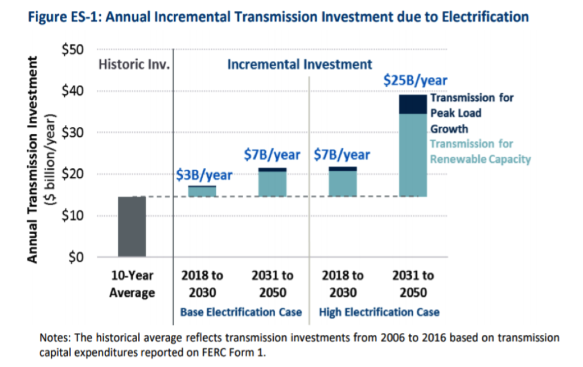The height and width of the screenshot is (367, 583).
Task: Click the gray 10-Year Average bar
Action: [x=132, y=227]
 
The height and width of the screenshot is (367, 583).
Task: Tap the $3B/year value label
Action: [x=204, y=174]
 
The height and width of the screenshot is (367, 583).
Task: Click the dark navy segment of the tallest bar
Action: [x=413, y=104]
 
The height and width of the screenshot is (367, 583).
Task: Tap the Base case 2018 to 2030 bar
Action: [x=202, y=191]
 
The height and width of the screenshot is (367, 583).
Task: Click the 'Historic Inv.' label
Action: [x=134, y=64]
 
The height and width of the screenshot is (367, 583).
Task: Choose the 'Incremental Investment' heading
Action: [x=299, y=64]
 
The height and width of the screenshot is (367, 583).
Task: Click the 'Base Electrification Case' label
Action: [x=240, y=312]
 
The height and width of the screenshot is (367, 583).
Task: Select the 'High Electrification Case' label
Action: [x=379, y=312]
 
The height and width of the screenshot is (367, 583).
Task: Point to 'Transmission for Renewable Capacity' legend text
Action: [x=479, y=152]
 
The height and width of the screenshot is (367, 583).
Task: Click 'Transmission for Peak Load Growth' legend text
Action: [x=471, y=113]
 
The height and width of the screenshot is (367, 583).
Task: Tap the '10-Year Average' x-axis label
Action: [x=132, y=284]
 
